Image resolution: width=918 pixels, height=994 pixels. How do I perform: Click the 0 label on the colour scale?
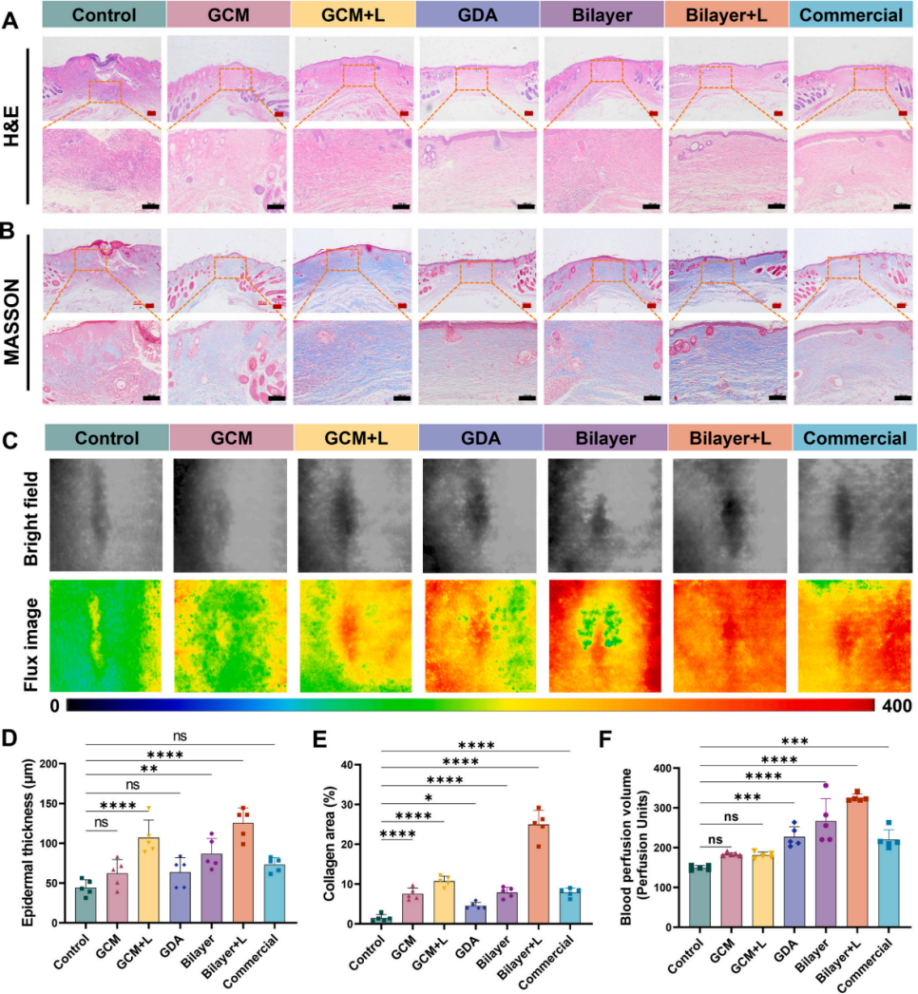coord(56,706)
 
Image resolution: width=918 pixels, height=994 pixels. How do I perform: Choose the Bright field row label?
coord(16,512)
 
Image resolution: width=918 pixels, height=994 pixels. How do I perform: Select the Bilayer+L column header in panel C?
coord(728,437)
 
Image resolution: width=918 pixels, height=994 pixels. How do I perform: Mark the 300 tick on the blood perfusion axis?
coord(675,808)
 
